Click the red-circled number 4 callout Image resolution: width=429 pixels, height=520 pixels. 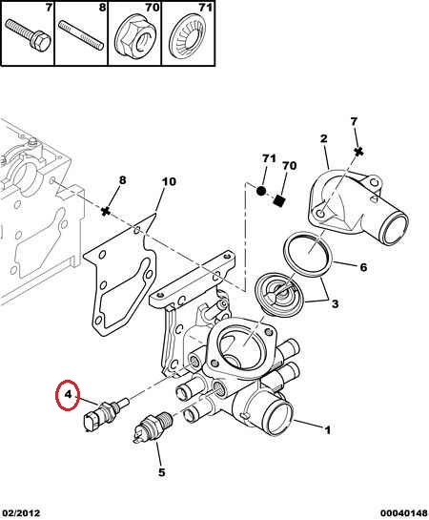coord(68,395)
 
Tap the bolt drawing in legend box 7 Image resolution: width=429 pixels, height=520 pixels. coord(29,34)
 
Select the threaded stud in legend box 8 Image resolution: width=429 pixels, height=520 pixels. coord(81,34)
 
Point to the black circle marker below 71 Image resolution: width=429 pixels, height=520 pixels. coord(261,191)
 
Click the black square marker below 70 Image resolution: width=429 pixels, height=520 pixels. coord(279,200)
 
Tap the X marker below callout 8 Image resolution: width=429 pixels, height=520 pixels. coord(106,211)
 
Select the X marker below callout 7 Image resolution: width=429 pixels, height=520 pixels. coord(358,152)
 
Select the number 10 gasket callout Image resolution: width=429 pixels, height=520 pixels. coord(170,181)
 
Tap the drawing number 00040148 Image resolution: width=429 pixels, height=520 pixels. coord(404,513)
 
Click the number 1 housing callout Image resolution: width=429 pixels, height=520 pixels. coord(327,430)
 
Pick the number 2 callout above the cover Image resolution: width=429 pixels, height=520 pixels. coord(323,138)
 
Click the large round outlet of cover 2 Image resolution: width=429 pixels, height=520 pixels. coord(395,229)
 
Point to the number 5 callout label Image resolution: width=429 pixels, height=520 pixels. coord(161,472)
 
